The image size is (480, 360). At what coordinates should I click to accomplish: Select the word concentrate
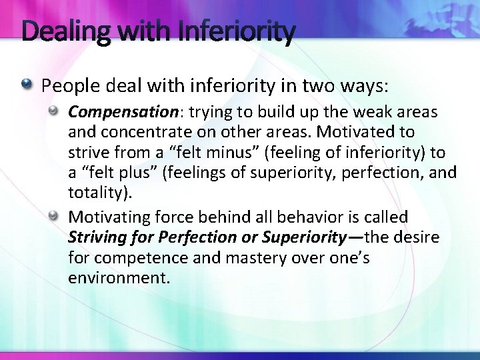pyautogui.click(x=137, y=132)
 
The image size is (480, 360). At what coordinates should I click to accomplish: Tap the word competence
pyautogui.click(x=127, y=258)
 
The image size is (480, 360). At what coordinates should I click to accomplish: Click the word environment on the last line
pyautogui.click(x=117, y=278)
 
